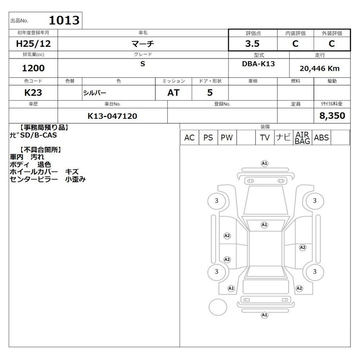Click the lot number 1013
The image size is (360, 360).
click(64, 20)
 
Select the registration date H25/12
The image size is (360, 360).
click(33, 44)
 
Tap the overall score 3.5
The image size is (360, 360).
click(252, 44)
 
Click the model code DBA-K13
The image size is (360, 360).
click(258, 64)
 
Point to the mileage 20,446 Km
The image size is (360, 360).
click(319, 68)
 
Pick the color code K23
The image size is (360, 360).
click(33, 93)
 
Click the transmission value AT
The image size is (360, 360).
click(173, 93)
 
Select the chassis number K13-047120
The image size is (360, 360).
click(112, 116)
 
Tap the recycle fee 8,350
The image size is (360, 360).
click(332, 116)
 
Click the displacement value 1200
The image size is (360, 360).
click(33, 68)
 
